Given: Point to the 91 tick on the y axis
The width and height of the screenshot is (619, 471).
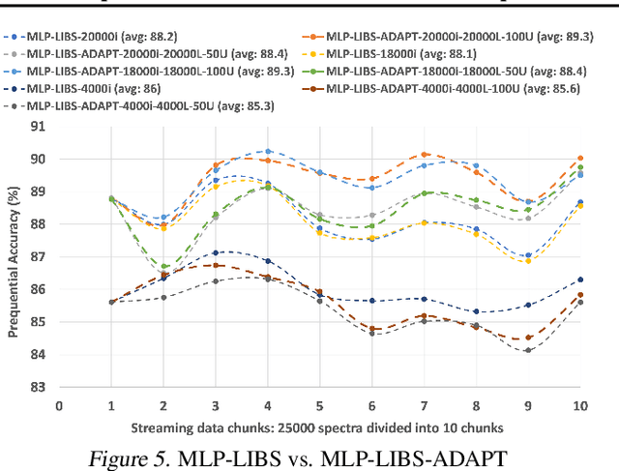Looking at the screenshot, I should [x=39, y=127].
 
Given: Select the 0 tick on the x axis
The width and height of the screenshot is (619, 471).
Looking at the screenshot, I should [x=59, y=407].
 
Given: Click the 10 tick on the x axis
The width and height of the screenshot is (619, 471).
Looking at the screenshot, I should [x=579, y=407].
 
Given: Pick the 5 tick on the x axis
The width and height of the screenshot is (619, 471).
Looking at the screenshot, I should [x=319, y=407].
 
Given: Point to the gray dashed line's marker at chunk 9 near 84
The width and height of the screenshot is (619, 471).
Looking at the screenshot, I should [x=528, y=350].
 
